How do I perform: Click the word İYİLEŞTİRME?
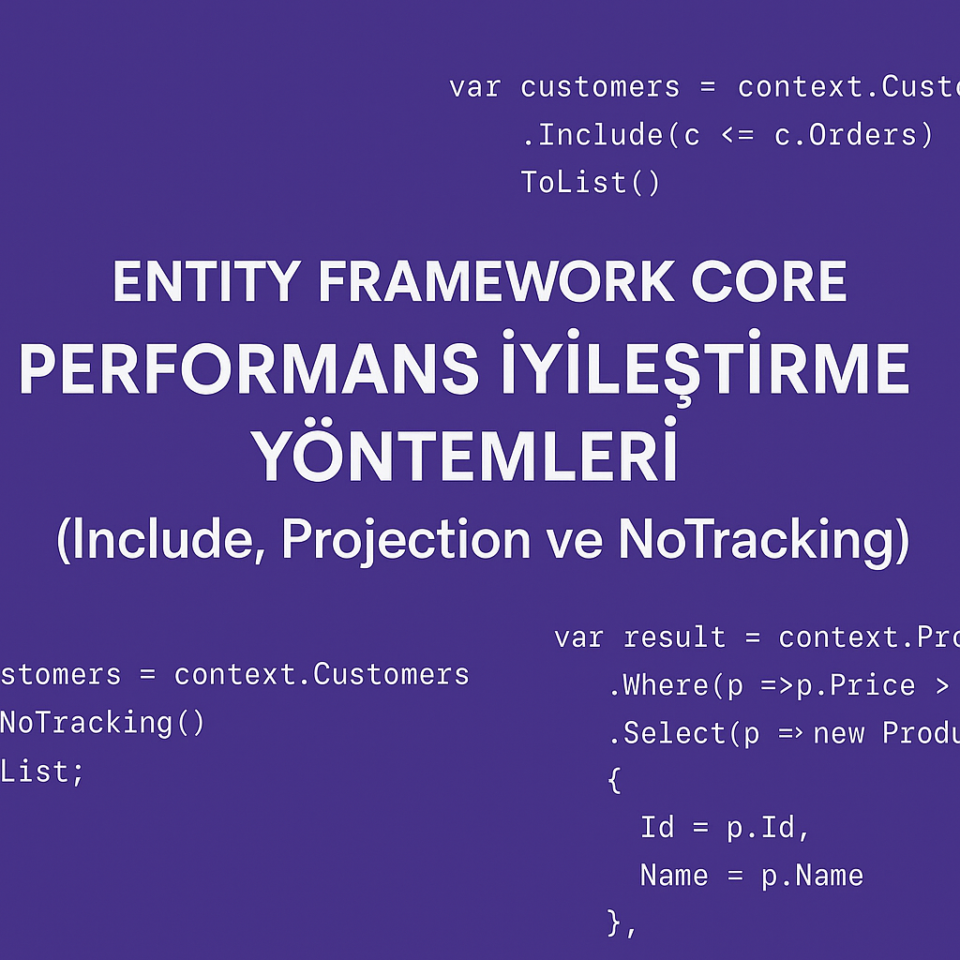point(703,369)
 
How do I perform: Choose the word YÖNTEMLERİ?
point(466,457)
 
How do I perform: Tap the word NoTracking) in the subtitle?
point(764,541)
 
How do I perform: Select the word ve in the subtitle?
point(583,541)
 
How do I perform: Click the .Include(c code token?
point(610,135)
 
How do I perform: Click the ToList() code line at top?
point(591,183)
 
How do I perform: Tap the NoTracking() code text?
point(101,723)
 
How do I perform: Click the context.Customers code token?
point(322,674)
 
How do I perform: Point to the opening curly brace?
point(615,780)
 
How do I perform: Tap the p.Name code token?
point(812,876)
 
